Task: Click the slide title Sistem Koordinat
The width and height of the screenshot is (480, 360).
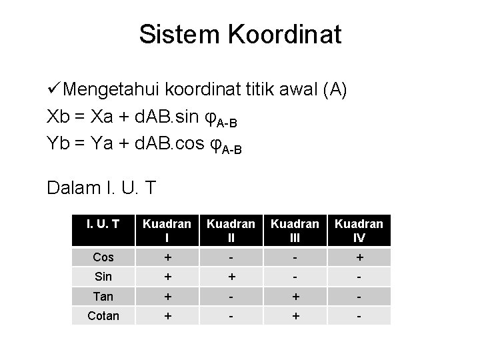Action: [240, 34]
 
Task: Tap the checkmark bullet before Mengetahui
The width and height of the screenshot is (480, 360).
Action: [56, 89]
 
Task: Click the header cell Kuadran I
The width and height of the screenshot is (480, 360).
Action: [167, 230]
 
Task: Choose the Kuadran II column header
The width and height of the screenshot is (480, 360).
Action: [231, 230]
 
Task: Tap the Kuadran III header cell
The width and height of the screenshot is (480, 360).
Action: [295, 230]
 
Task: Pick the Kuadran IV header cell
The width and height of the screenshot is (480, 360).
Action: [359, 230]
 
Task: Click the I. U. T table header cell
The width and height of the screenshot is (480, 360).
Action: [103, 224]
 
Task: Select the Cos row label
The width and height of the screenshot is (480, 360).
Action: [103, 257]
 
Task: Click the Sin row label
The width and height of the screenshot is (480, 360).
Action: [103, 277]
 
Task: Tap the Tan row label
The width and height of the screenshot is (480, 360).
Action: [103, 296]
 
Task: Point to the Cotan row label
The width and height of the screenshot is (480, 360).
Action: [103, 315]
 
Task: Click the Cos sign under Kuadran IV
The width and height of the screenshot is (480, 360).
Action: [359, 257]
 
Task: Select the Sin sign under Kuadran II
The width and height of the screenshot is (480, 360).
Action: [231, 277]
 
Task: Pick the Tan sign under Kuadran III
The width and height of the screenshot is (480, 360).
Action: [295, 296]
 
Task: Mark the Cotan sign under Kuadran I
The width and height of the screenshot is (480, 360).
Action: [167, 315]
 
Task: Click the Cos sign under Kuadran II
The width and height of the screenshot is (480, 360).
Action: [231, 257]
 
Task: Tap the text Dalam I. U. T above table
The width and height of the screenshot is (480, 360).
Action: [101, 189]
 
